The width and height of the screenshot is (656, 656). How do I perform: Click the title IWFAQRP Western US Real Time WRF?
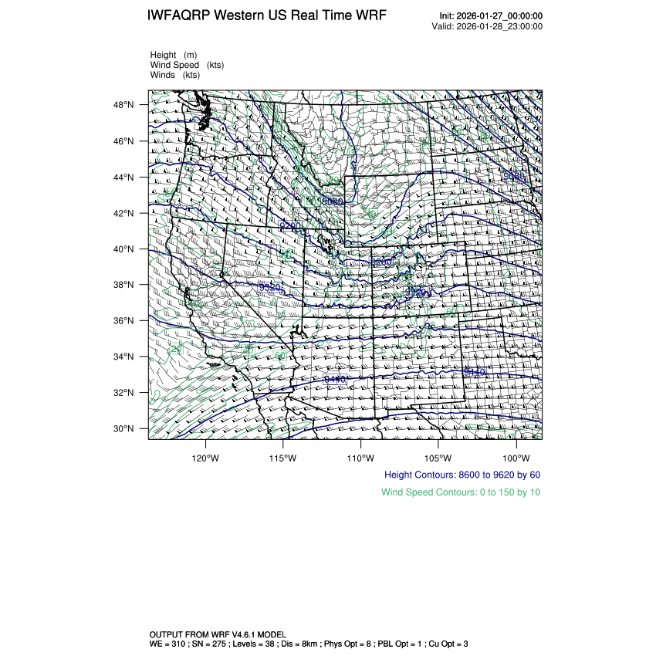(266, 16)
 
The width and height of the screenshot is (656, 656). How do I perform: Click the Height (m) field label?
(174, 55)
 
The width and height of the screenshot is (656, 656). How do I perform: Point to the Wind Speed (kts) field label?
(187, 65)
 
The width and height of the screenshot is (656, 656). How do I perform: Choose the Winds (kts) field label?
(175, 75)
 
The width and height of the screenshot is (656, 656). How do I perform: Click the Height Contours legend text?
(462, 475)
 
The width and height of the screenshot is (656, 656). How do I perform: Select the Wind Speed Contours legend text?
(461, 492)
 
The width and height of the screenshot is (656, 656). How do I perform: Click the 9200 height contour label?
(291, 225)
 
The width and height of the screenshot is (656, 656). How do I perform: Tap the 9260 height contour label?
(383, 262)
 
